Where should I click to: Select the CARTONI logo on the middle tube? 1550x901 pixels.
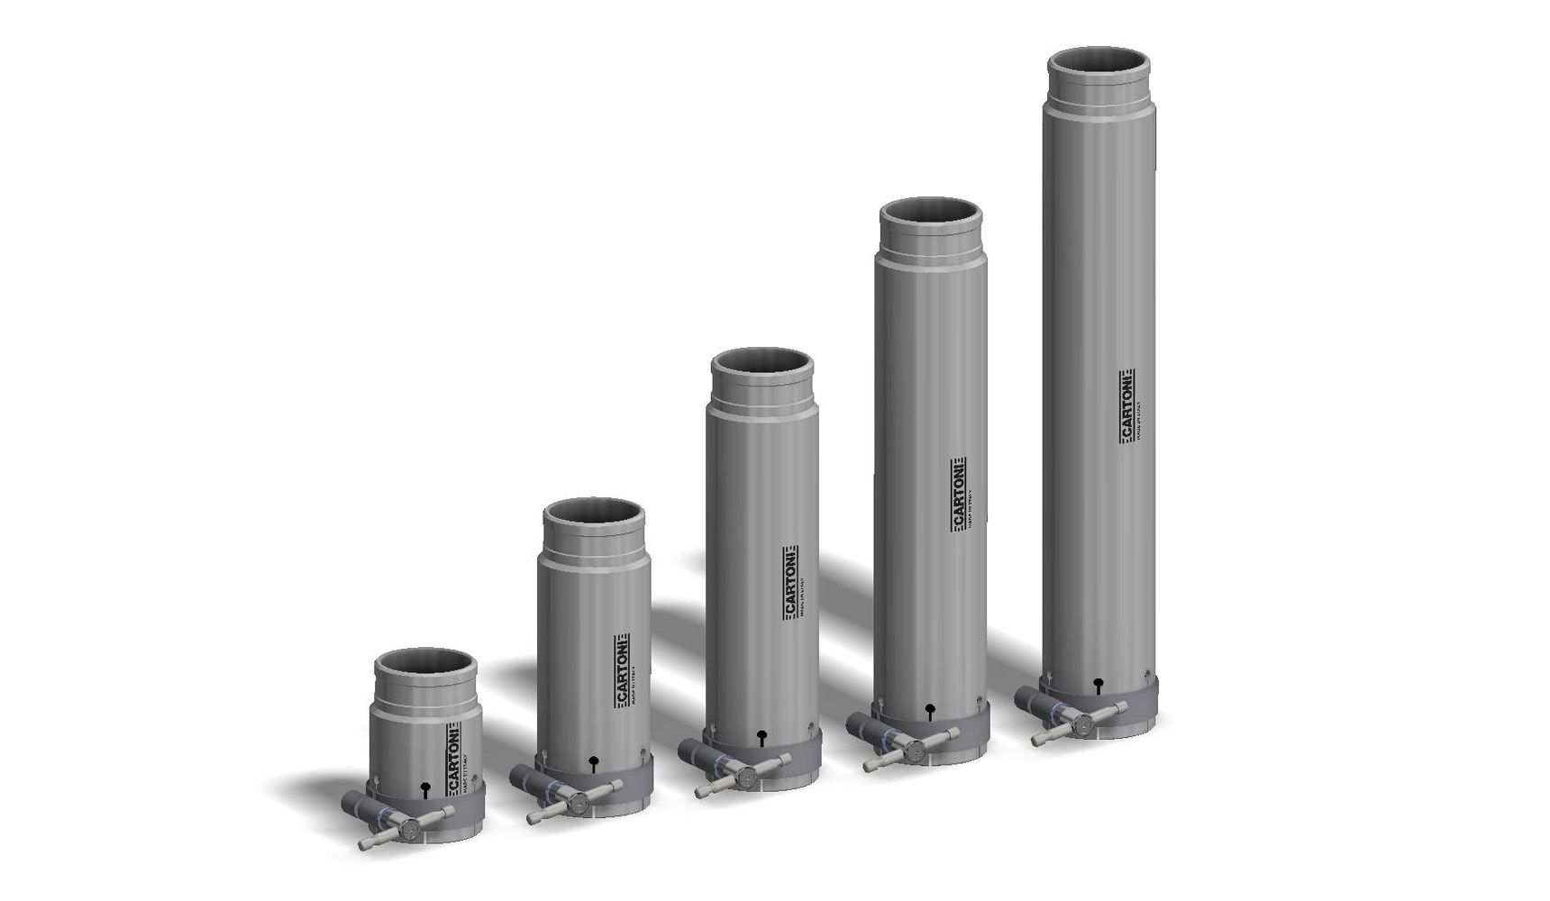[790, 582]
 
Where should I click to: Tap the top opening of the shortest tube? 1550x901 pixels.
[424, 666]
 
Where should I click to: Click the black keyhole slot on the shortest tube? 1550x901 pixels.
[425, 789]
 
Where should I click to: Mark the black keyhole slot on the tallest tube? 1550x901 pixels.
[1098, 684]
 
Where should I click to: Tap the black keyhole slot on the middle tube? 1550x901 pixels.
[762, 736]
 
